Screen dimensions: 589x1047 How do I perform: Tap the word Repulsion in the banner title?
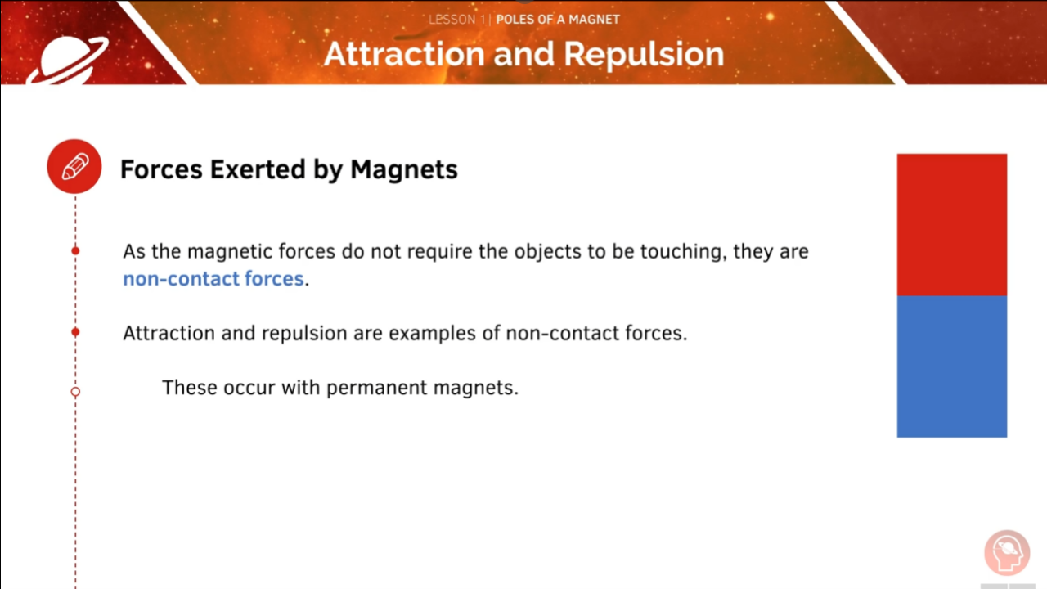[x=644, y=54]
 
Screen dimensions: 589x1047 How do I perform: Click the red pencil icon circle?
[x=74, y=166]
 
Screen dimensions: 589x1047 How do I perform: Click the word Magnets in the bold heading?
[x=404, y=169]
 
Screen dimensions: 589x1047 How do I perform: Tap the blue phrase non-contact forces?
[x=213, y=279]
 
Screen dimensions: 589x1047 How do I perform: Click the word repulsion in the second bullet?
[x=302, y=334]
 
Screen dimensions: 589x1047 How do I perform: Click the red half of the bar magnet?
[x=951, y=224]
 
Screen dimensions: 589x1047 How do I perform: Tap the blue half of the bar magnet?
[x=951, y=366]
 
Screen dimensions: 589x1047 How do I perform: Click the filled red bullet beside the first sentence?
[x=75, y=250]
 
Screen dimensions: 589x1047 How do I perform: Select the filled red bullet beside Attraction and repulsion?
[x=75, y=332]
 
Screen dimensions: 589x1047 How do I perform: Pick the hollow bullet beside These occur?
[x=75, y=392]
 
